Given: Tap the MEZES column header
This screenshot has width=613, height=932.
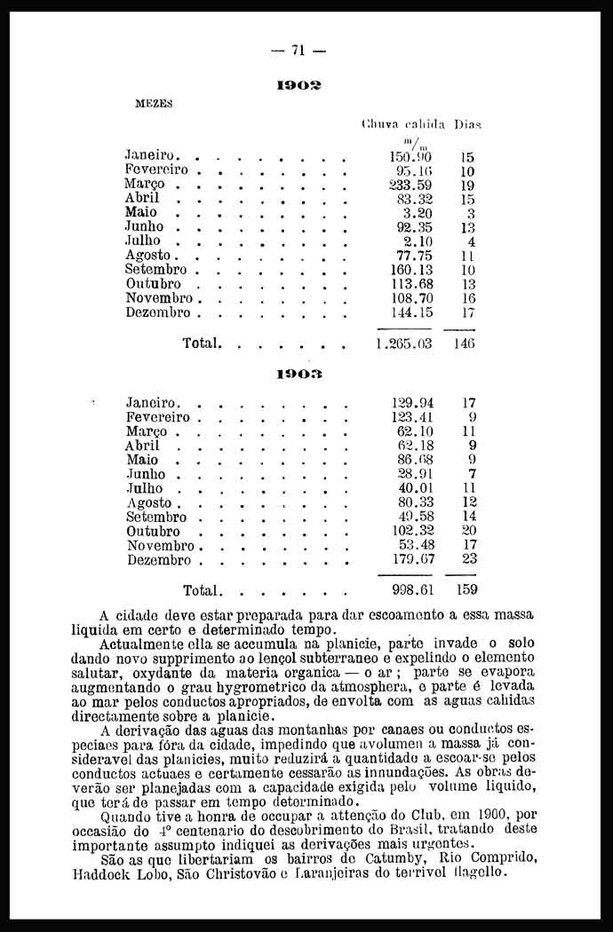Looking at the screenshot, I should [153, 102].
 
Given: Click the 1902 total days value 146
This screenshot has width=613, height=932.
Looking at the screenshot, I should [465, 343].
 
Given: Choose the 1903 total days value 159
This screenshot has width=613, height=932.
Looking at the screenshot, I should [466, 589].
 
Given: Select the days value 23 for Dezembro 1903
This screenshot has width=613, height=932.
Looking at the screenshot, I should [469, 559].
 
